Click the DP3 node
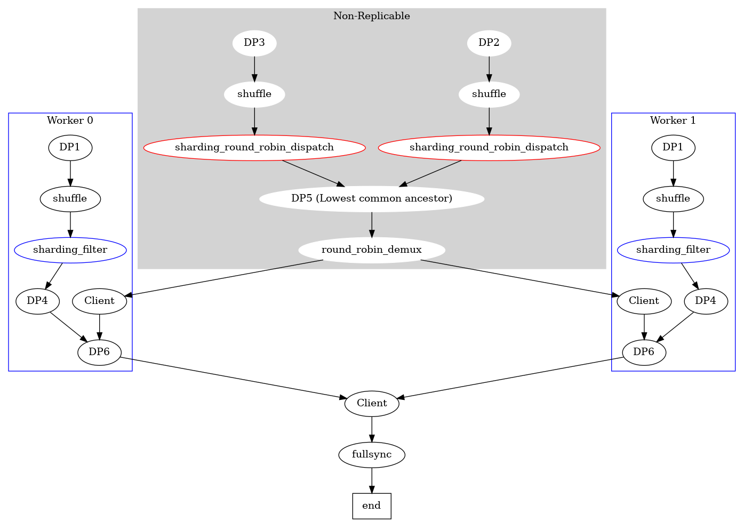tap(254, 43)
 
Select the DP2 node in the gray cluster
tap(489, 43)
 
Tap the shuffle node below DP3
tap(254, 94)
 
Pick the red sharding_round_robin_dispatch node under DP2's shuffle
tap(489, 148)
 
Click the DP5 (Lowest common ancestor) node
tap(372, 199)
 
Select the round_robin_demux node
tap(372, 250)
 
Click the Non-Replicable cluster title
tap(372, 16)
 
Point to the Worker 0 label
tap(70, 121)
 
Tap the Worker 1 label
tap(673, 121)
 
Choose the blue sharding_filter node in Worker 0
tap(70, 250)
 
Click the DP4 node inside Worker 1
tap(706, 301)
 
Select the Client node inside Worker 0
tap(99, 301)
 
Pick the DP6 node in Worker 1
tap(644, 352)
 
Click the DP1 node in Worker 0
tap(70, 148)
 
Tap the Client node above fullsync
tap(372, 404)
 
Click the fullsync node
tap(372, 455)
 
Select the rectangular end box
tap(372, 506)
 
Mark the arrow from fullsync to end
tap(372, 480)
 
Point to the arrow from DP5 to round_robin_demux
tap(372, 224)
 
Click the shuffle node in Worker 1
tap(673, 199)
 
